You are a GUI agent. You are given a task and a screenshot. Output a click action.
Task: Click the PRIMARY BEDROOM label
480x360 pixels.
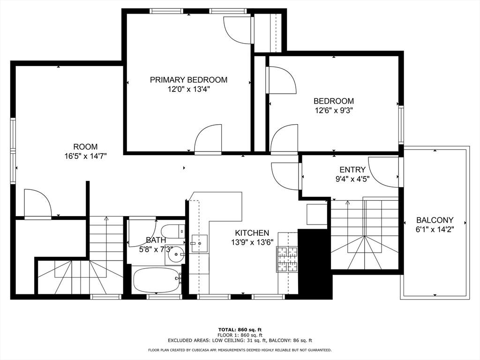tap(188, 80)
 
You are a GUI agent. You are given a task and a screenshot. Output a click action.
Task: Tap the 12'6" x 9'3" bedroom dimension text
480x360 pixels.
tap(334, 111)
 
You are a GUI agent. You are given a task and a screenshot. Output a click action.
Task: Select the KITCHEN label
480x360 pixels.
tap(252, 233)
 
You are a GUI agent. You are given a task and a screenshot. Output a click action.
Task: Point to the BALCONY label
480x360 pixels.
tap(435, 220)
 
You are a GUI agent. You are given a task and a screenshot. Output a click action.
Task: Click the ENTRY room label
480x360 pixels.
tap(352, 170)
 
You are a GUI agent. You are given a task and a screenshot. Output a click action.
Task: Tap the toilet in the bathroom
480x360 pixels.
tap(173, 232)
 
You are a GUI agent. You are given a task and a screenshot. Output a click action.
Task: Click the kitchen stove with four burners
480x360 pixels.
tap(287, 259)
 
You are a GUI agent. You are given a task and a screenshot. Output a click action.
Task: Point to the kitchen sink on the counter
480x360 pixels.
tap(199, 243)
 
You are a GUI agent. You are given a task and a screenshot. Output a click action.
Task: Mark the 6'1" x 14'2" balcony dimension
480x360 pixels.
tap(435, 230)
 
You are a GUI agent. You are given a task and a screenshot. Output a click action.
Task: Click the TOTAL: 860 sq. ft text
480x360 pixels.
tap(240, 330)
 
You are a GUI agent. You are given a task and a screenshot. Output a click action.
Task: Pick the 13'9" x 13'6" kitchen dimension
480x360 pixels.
tap(252, 242)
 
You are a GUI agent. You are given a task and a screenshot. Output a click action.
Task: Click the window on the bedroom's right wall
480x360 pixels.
tap(401, 125)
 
